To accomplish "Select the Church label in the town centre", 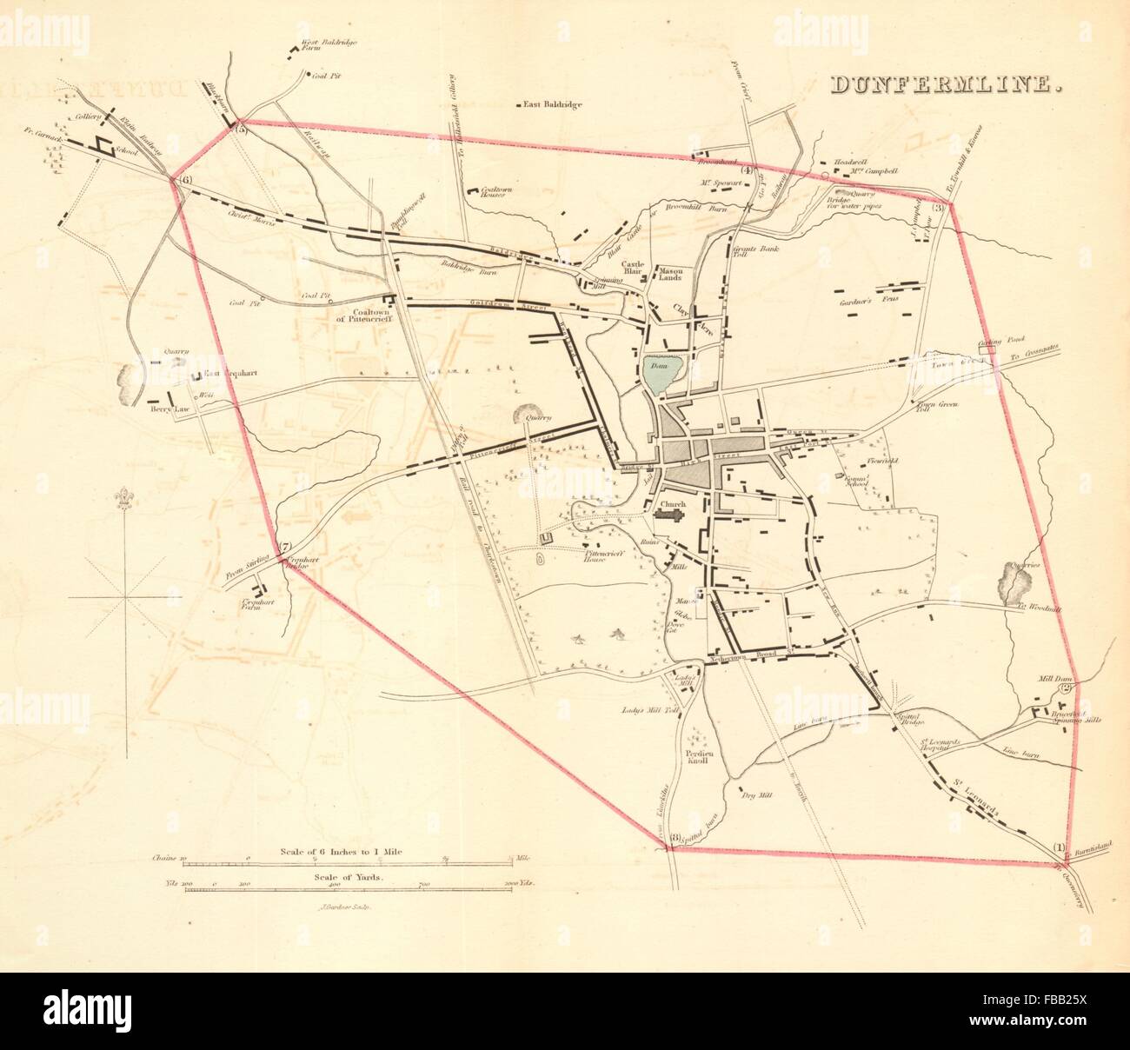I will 673,503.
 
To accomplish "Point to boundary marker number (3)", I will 939,207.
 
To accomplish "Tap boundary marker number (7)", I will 284,548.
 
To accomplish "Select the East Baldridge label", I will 553,105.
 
